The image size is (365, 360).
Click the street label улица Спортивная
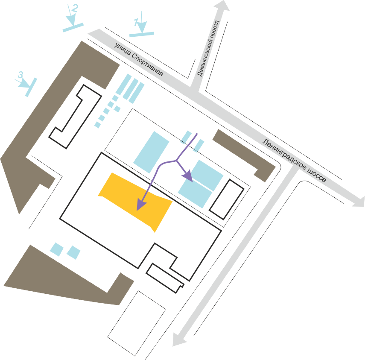(139, 59)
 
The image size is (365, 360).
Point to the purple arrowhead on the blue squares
(188, 176)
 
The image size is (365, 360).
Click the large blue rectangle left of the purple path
(151, 152)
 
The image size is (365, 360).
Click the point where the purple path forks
(175, 161)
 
